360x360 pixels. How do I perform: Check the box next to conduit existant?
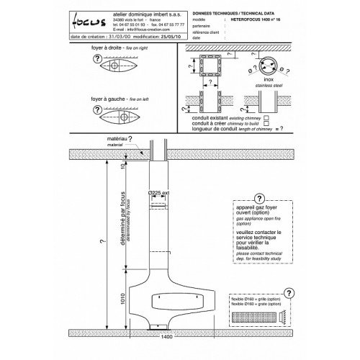coord(267,116)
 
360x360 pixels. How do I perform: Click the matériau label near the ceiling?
coord(94,138)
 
